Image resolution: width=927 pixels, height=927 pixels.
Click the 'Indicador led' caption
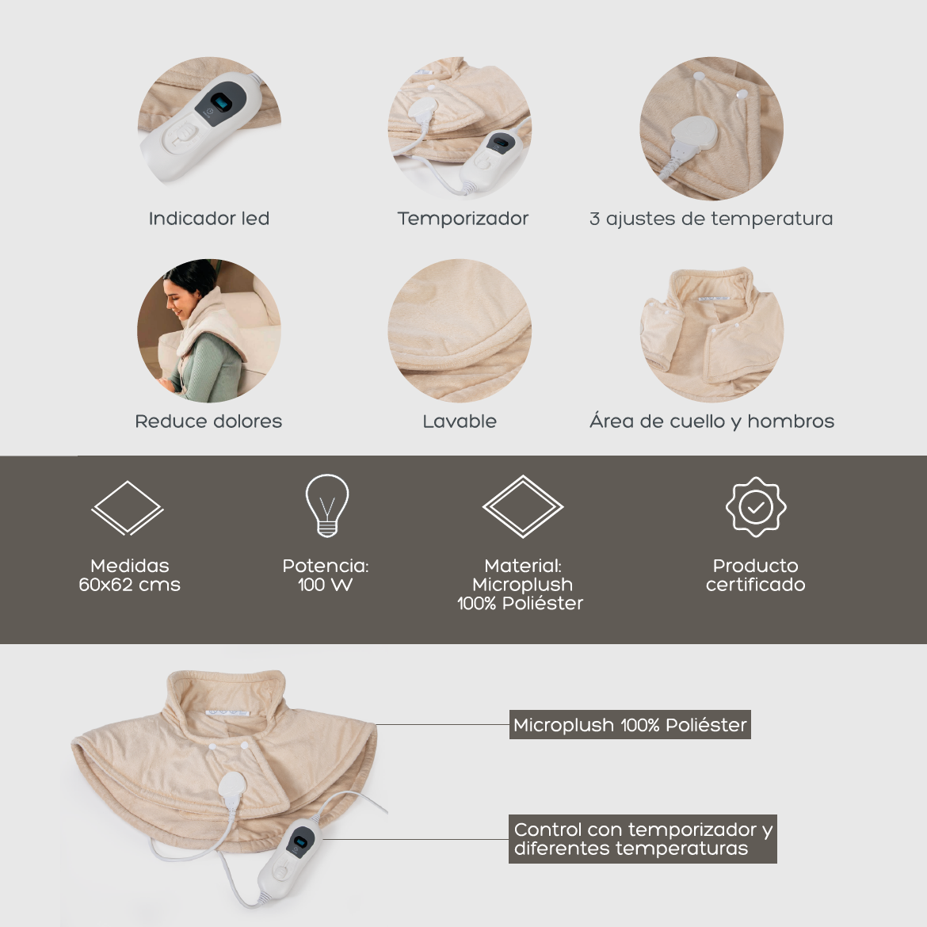click(208, 219)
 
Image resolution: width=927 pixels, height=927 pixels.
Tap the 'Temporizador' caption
click(463, 219)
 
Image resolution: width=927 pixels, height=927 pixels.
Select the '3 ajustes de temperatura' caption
click(711, 219)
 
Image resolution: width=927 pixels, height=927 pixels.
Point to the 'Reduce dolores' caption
click(208, 421)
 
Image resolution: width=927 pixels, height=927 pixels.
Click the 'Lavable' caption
click(460, 421)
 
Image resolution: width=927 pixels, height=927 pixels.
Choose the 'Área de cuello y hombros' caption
click(711, 421)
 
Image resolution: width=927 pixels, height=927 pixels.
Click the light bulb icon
click(327, 505)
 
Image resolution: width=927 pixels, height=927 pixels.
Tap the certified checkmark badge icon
click(756, 506)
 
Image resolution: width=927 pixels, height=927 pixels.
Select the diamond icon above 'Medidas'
click(127, 508)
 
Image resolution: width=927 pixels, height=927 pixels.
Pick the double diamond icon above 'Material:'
click(523, 506)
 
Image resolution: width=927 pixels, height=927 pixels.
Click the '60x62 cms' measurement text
click(129, 585)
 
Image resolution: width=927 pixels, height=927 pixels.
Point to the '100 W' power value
click(325, 585)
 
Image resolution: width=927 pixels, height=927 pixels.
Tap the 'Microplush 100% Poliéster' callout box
click(630, 725)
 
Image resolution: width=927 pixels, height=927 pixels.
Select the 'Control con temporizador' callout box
click(643, 839)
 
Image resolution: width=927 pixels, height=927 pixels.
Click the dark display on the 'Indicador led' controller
click(223, 103)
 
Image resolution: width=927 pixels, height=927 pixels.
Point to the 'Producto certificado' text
click(756, 575)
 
